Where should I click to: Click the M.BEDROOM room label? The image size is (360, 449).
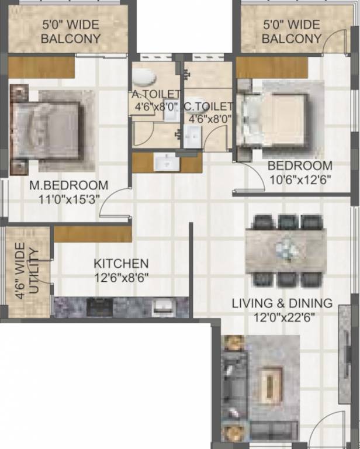pos(69,185)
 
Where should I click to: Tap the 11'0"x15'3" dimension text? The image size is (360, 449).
pos(69,199)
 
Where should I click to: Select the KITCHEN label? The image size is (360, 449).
pos(121,264)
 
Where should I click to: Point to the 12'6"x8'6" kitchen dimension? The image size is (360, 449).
pos(121,278)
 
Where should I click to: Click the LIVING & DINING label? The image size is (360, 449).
pos(282,303)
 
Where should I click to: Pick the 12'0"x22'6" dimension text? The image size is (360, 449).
pos(285,317)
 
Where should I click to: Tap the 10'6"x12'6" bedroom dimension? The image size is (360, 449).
pos(300,180)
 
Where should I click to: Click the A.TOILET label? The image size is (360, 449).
pos(156,94)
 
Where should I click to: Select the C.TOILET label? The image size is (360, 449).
pos(208,106)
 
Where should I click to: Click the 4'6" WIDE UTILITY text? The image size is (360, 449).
pos(27,271)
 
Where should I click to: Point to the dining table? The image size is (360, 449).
pos(286,251)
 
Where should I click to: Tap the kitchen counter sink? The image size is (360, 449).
pos(163,307)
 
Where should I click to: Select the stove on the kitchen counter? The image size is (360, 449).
pos(99,307)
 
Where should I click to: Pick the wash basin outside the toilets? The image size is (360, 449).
pos(167,162)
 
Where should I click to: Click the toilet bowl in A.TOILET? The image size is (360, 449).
pos(144,77)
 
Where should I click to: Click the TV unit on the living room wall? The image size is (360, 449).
pos(345,355)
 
